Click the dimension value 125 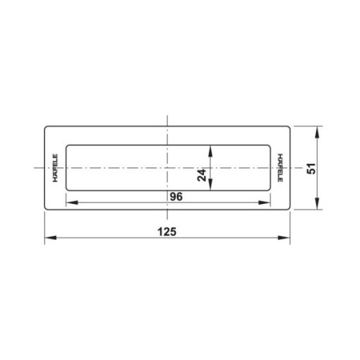[167, 232]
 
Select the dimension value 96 [176, 197]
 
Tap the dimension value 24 [202, 175]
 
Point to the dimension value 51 [311, 168]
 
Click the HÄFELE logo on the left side [55, 168]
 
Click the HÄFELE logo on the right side [280, 168]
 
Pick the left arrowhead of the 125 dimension [50, 238]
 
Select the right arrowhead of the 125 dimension [284, 238]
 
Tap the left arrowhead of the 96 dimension [72, 203]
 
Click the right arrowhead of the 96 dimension [265, 203]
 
